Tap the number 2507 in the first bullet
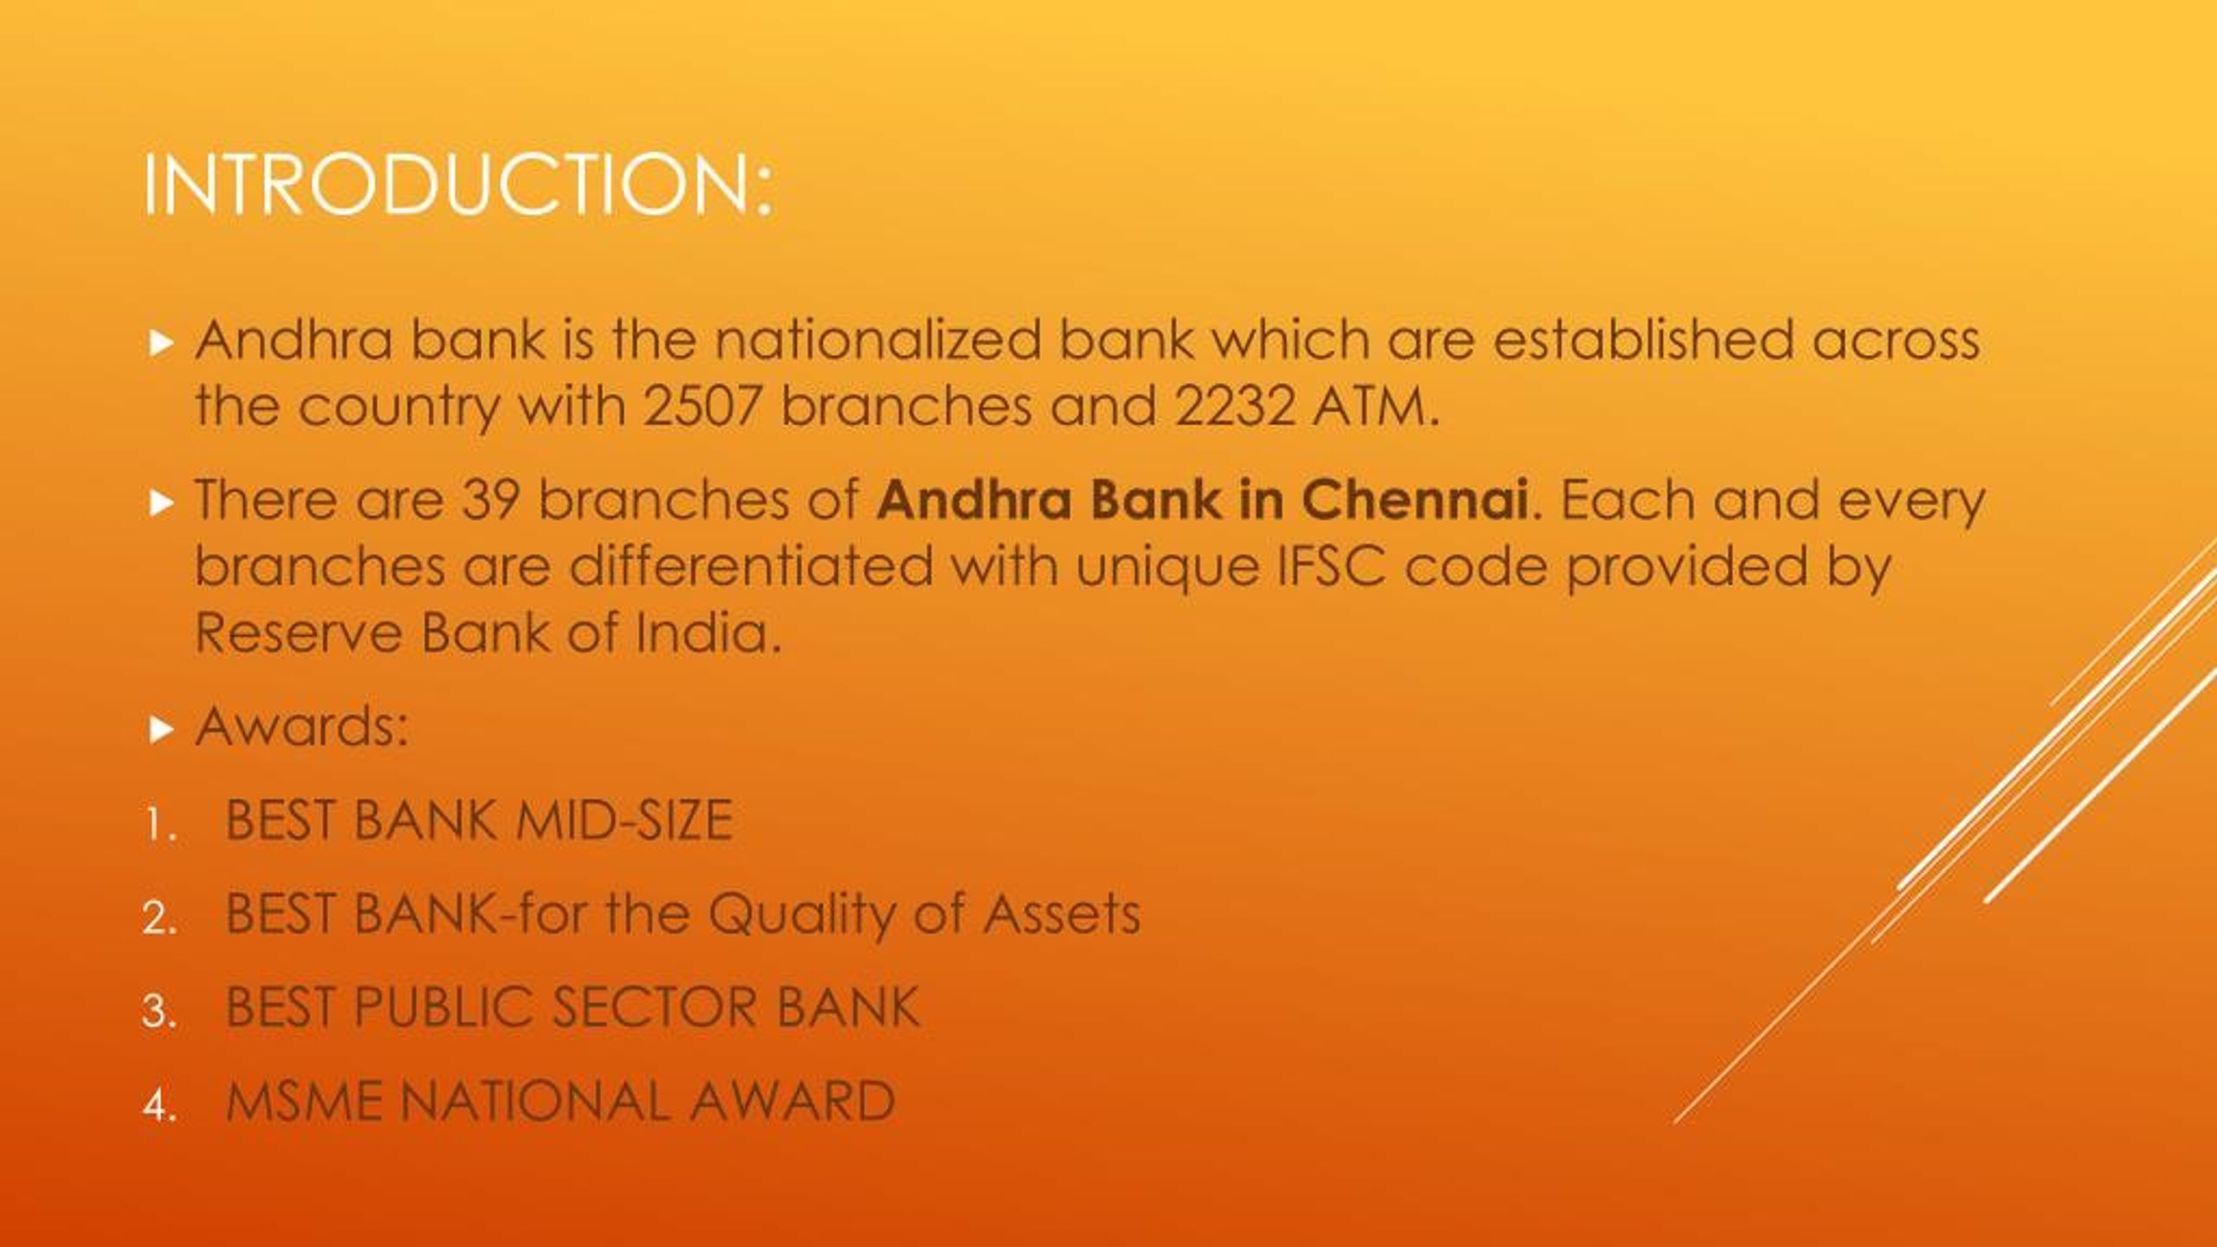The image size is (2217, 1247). [x=701, y=405]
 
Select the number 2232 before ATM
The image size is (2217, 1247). [x=1234, y=405]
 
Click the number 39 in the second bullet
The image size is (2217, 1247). [x=490, y=500]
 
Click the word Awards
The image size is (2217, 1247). [x=301, y=726]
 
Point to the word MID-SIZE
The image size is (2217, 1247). [x=624, y=820]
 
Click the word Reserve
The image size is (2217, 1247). [x=297, y=633]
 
